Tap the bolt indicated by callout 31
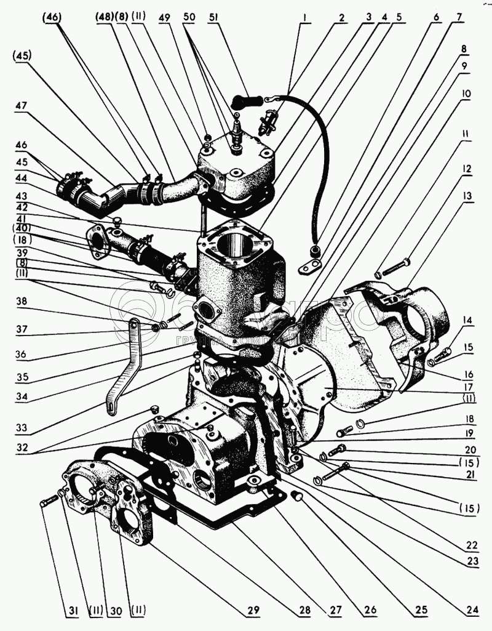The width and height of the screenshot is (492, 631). pyautogui.click(x=47, y=503)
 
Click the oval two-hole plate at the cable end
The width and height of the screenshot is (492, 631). pyautogui.click(x=310, y=267)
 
